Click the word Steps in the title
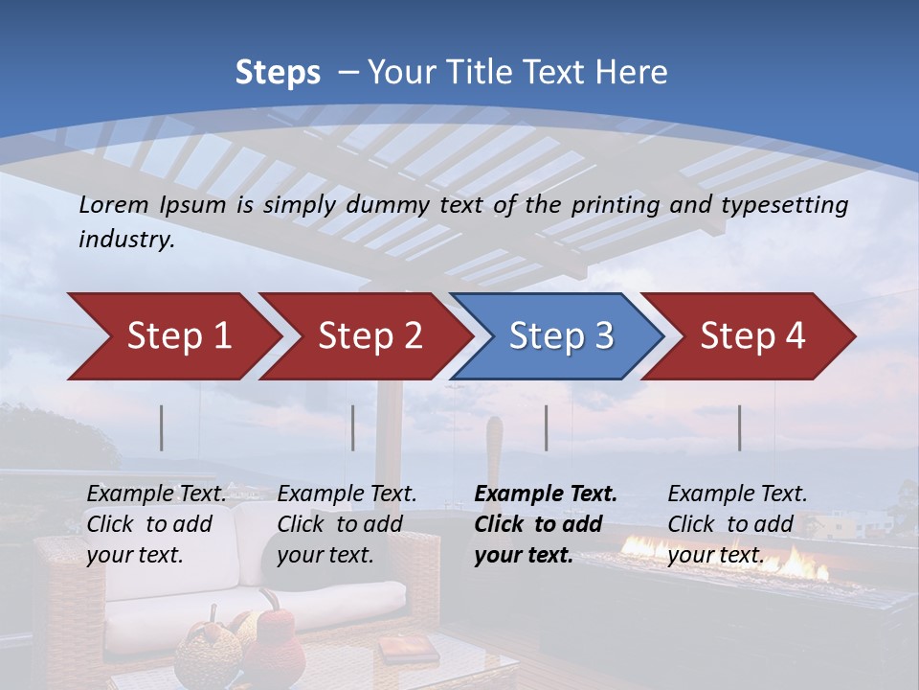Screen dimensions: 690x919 [x=278, y=73]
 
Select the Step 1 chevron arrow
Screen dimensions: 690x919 [x=172, y=336]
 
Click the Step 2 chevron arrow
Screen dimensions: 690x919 [x=366, y=336]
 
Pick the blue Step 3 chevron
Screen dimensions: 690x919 [x=557, y=336]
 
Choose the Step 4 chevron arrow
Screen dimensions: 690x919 [x=749, y=336]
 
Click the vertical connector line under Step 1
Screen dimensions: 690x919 [x=162, y=427]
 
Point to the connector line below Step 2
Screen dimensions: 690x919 [x=353, y=427]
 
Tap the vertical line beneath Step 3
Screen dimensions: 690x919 [x=547, y=427]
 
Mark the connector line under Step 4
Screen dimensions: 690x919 [x=740, y=427]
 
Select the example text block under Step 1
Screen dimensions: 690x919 [x=156, y=524]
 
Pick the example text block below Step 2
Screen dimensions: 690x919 [x=347, y=524]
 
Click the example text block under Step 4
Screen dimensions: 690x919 [x=737, y=524]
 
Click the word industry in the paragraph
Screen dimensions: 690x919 [x=125, y=240]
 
